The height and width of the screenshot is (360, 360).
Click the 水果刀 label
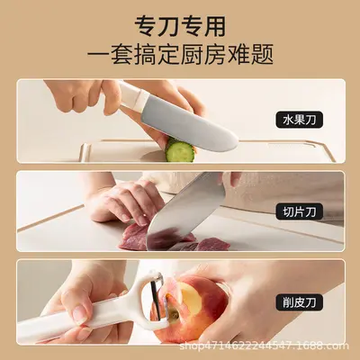click(300, 120)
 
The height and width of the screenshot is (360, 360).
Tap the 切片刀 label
click(300, 211)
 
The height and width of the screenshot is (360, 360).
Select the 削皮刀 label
click(300, 301)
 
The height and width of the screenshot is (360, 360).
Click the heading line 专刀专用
click(180, 26)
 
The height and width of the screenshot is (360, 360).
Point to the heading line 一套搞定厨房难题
click(180, 54)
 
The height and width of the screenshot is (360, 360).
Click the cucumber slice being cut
click(179, 149)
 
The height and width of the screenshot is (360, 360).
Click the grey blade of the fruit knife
click(187, 124)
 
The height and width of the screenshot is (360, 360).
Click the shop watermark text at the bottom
click(264, 346)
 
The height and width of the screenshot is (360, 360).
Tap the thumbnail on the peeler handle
click(80, 314)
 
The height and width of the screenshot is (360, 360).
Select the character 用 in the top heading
click(214, 26)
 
